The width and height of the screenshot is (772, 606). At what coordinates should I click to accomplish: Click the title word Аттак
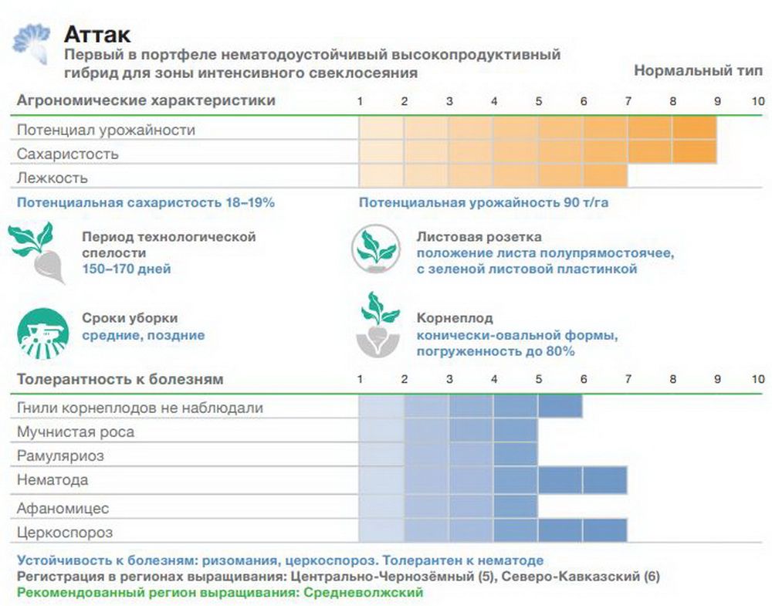(x=97, y=35)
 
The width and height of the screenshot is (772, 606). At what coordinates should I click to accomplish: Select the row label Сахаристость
(x=68, y=154)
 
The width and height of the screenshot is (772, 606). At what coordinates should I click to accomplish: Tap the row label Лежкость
(x=52, y=178)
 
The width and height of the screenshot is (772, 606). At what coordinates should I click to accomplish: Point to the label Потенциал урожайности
(x=106, y=130)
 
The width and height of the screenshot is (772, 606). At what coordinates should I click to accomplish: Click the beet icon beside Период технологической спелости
(x=38, y=251)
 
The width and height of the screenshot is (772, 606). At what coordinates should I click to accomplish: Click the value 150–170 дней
(x=127, y=269)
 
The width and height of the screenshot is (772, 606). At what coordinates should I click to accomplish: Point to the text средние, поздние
(x=144, y=335)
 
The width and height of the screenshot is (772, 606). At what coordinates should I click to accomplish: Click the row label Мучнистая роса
(x=76, y=432)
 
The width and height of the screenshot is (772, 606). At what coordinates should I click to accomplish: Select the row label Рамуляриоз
(x=60, y=455)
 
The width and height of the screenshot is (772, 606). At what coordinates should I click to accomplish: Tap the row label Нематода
(x=52, y=480)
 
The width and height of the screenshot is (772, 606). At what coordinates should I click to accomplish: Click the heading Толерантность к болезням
(x=120, y=379)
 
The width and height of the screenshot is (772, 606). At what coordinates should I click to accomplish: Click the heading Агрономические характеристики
(x=146, y=100)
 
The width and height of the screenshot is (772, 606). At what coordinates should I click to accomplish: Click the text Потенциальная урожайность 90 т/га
(x=489, y=203)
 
